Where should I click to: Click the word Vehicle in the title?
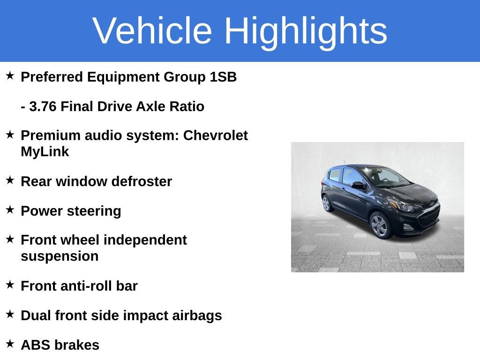152,31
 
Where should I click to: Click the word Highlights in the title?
306,31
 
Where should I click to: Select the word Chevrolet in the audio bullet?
215,135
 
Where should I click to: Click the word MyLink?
45,152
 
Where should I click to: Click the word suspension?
60,256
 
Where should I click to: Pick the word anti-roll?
84,286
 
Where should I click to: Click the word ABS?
36,345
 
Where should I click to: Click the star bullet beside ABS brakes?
10,344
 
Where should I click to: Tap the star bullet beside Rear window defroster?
10,180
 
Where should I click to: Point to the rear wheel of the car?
327,203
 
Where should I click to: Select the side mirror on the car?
358,186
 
